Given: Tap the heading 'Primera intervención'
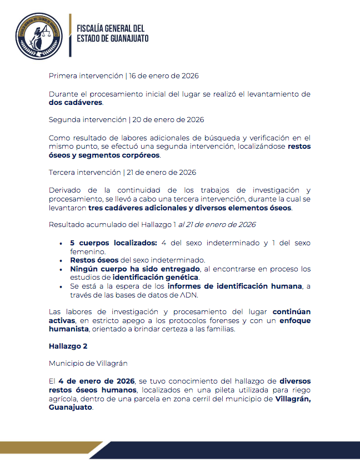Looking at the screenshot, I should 86,76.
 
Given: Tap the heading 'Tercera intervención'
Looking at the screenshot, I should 84,172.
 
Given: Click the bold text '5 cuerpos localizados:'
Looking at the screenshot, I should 114,243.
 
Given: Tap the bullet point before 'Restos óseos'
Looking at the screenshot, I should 61,260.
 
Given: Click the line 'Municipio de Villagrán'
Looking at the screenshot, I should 88,363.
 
